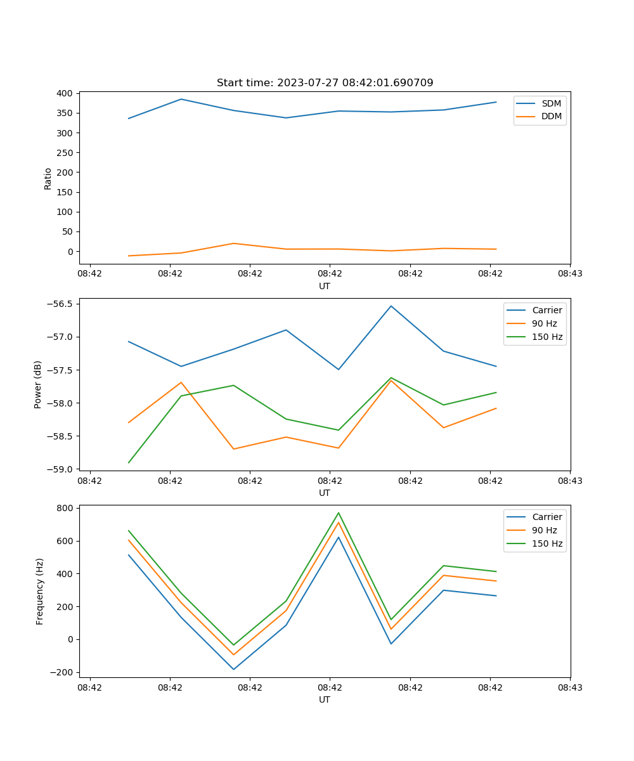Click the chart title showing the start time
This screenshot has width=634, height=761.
pyautogui.click(x=325, y=83)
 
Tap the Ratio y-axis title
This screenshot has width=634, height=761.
pyautogui.click(x=48, y=178)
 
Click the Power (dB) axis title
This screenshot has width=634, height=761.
pyautogui.click(x=38, y=384)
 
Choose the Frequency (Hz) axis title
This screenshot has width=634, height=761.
pyautogui.click(x=39, y=591)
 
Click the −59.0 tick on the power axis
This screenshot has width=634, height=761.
pyautogui.click(x=61, y=469)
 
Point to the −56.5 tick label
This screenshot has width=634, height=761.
pyautogui.click(x=61, y=304)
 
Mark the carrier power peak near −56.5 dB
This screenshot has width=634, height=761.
pyautogui.click(x=391, y=306)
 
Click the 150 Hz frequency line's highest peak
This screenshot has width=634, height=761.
pyautogui.click(x=339, y=512)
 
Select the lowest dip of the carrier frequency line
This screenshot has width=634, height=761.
pyautogui.click(x=233, y=670)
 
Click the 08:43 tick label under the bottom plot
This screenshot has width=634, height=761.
pyautogui.click(x=570, y=687)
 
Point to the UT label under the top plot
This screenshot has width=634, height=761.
pyautogui.click(x=325, y=286)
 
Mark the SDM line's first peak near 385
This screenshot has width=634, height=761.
pyautogui.click(x=181, y=99)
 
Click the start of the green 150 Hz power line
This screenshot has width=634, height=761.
pyautogui.click(x=129, y=462)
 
